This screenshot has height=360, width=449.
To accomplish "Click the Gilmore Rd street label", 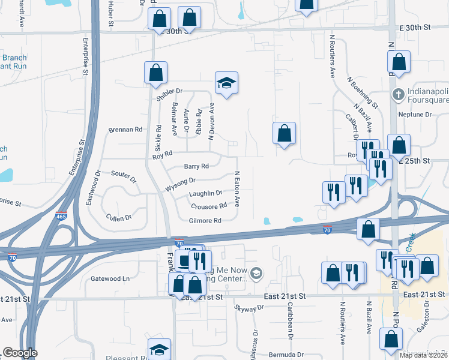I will click(x=205, y=221).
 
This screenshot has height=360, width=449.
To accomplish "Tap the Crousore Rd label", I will click(x=209, y=206).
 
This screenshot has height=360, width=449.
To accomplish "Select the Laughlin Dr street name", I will click(x=206, y=193).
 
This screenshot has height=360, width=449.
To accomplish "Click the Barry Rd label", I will click(x=196, y=166).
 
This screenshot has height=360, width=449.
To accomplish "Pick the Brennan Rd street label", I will click(x=125, y=129).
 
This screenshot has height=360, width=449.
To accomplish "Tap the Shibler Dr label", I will click(x=169, y=94).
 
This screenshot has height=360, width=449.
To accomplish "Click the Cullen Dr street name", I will click(x=118, y=217).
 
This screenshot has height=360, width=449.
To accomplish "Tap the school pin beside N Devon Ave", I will click(x=227, y=83).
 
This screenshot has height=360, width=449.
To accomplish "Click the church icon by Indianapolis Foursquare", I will click(x=397, y=94).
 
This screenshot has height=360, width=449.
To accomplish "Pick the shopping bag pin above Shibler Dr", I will click(x=155, y=73).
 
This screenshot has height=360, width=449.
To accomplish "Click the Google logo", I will click(x=20, y=353).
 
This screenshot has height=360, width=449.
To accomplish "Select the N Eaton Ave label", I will click(x=237, y=190).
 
